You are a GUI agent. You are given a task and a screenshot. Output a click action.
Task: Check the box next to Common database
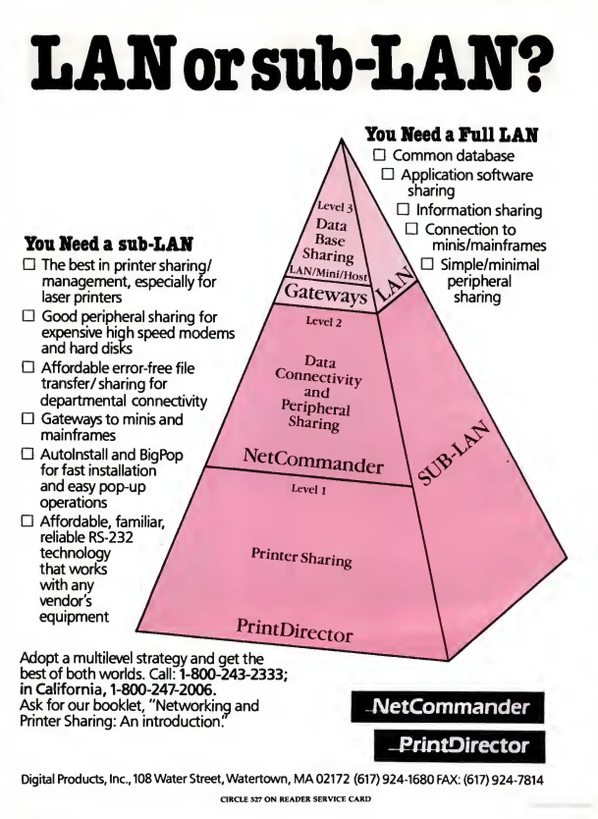[379, 155]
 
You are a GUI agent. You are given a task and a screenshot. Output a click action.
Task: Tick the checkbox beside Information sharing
[403, 209]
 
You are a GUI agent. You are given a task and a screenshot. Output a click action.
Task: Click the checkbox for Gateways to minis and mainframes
[28, 419]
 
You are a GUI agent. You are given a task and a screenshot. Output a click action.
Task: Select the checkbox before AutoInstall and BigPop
[28, 453]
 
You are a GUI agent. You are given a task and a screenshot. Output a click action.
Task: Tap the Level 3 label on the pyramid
[335, 207]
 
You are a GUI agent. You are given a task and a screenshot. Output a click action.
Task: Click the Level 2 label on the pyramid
[324, 322]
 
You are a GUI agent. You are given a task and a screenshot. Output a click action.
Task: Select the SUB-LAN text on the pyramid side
[453, 453]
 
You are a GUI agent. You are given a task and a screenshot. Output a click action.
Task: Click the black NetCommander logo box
[447, 708]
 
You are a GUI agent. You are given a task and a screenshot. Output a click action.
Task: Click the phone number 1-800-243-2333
[231, 674]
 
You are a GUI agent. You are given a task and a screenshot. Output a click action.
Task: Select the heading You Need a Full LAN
[451, 135]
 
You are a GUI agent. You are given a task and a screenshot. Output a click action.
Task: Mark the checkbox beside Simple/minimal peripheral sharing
[427, 264]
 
